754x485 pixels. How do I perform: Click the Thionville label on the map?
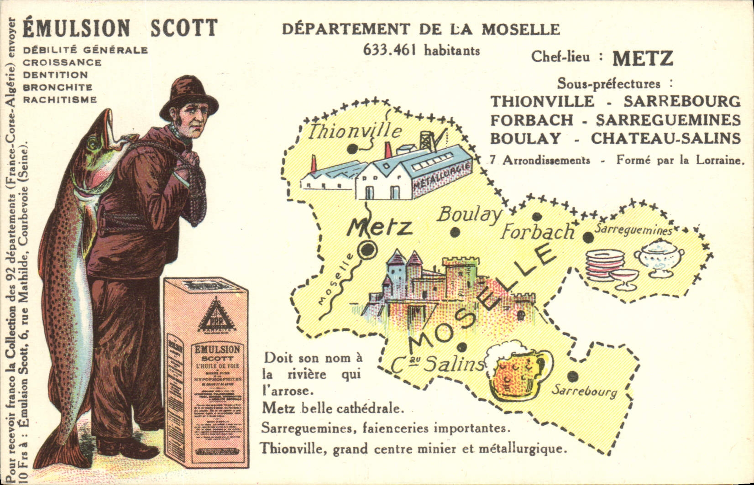tap(355, 131)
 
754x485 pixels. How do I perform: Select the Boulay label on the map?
tap(470, 214)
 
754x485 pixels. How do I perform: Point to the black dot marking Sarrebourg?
tap(572, 376)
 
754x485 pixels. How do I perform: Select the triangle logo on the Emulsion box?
tap(215, 315)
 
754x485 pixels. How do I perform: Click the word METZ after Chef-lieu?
tap(643, 58)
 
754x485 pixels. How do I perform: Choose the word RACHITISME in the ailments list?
tap(60, 99)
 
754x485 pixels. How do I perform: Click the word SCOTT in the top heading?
tap(184, 28)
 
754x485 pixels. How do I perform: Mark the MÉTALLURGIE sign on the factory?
tap(442, 177)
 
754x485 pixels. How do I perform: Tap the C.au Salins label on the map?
tap(437, 364)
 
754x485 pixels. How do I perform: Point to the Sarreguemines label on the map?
tap(633, 229)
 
